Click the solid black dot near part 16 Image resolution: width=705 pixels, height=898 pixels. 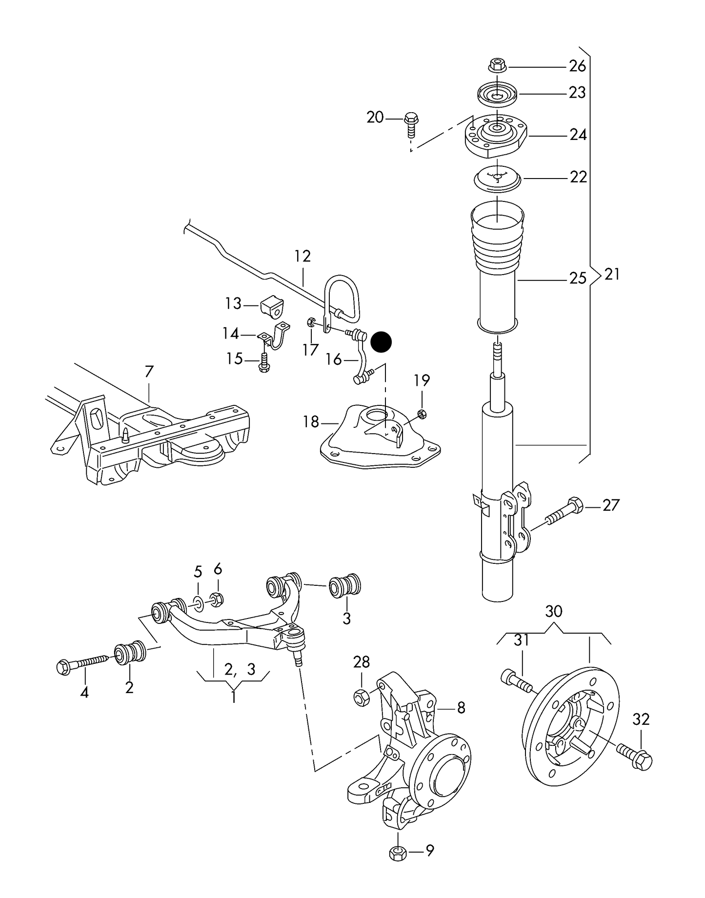(x=381, y=342)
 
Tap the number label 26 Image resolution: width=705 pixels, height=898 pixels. (x=577, y=66)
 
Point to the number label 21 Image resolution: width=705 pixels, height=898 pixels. (x=612, y=275)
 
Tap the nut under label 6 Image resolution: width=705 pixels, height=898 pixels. (x=217, y=599)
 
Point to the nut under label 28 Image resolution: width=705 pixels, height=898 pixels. (x=362, y=698)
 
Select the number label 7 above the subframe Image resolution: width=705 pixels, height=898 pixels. (x=149, y=372)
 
